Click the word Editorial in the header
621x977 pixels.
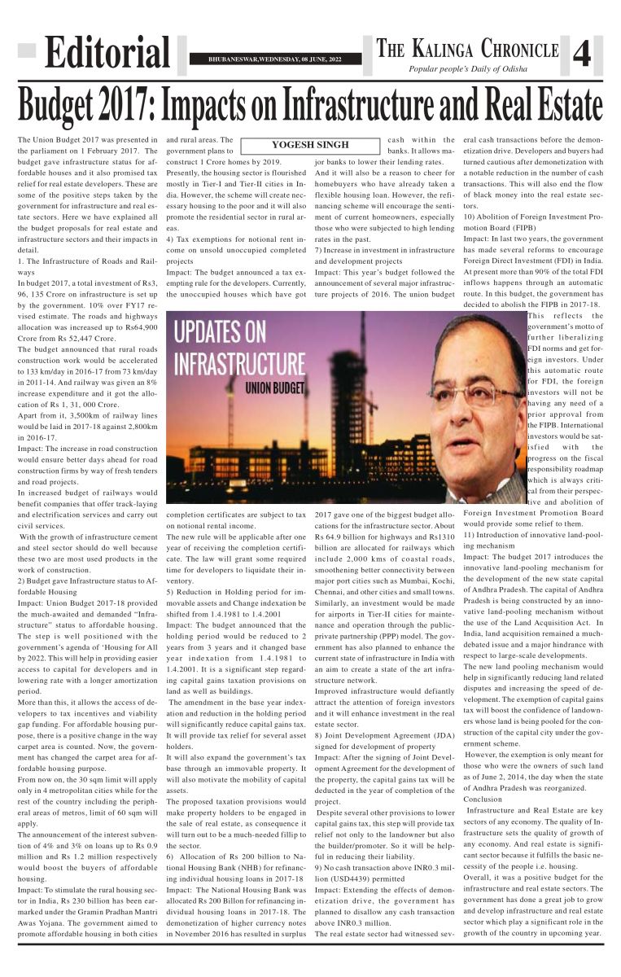(107, 55)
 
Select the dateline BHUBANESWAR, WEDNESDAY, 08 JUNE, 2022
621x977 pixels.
(274, 59)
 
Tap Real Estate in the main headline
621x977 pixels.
(540, 104)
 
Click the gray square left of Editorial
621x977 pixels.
(27, 50)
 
